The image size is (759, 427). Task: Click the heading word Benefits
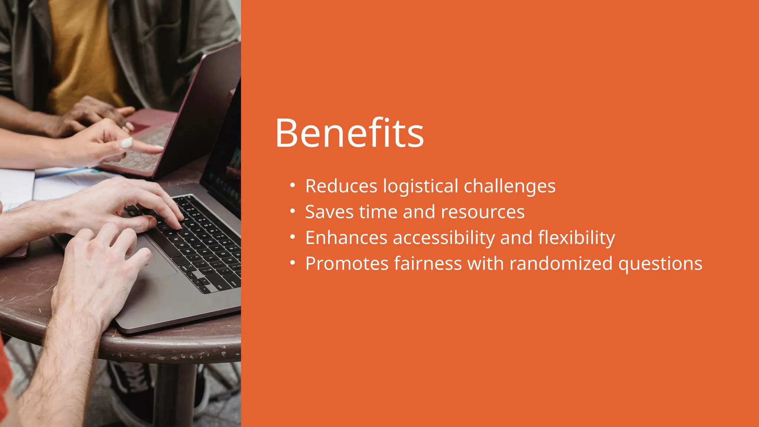tap(349, 133)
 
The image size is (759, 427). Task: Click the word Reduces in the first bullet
tap(341, 186)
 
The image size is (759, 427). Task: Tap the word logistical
tap(420, 186)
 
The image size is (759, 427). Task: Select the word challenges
tap(510, 186)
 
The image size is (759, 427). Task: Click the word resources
tap(483, 212)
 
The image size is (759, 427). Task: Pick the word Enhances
tap(346, 238)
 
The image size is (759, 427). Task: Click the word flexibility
tap(576, 238)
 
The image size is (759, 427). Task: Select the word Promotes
tap(347, 264)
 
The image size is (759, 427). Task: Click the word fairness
tap(428, 264)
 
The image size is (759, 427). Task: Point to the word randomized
tap(561, 264)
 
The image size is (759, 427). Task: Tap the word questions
tap(660, 264)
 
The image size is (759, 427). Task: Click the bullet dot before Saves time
tap(293, 211)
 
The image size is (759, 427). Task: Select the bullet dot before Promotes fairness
tap(293, 263)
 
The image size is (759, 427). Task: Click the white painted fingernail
tap(127, 143)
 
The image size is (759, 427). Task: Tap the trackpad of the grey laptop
tap(156, 259)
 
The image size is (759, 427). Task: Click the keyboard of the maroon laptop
tap(148, 148)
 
